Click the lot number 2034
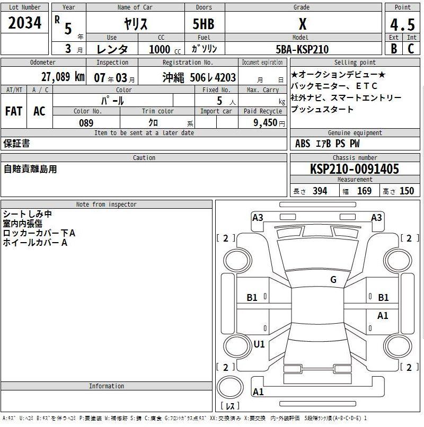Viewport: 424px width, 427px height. coord(25,23)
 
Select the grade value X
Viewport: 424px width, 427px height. coord(302,24)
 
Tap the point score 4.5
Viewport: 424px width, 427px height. coord(402,24)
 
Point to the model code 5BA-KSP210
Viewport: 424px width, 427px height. coord(302,50)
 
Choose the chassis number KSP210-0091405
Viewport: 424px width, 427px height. coord(355,170)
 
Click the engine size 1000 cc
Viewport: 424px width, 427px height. coord(161,50)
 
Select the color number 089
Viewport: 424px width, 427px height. coord(86,122)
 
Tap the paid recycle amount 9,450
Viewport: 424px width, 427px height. coord(262,123)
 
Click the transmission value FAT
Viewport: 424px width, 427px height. coord(14,111)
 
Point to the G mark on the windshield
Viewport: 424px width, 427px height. coord(333,280)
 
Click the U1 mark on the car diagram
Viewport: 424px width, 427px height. coord(259,344)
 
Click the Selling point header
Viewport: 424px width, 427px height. coord(355,63)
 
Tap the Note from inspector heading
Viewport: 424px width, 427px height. coord(106,204)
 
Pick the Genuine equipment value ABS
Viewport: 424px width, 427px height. coord(303,144)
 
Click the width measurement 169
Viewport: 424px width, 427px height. coord(364,191)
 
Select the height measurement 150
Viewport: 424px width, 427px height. coord(407,191)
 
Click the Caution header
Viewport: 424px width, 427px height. coord(144,158)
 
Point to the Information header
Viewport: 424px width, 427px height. coord(106,386)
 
